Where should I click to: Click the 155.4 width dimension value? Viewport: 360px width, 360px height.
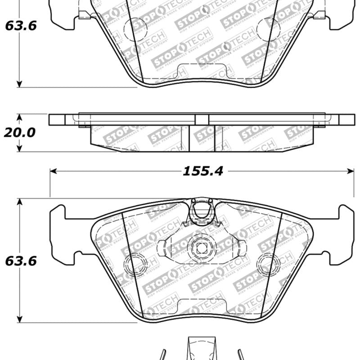202,171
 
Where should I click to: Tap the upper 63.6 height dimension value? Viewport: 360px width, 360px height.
21,26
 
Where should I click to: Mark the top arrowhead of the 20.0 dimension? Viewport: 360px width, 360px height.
19,117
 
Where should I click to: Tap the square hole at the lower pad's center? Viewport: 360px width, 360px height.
201,247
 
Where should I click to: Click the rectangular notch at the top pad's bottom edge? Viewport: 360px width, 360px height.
201,71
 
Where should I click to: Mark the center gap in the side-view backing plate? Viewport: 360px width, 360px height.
202,119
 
